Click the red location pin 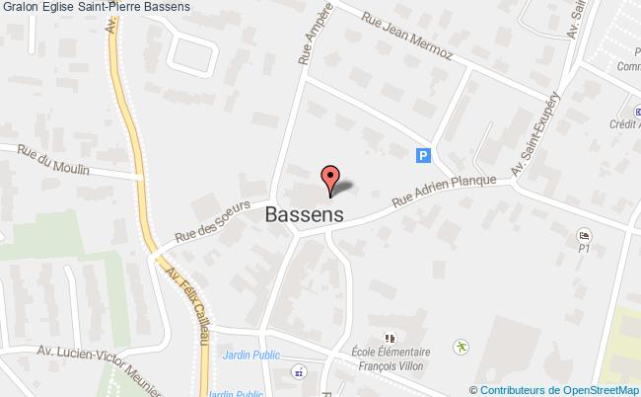coord(330,179)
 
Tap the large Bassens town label coord(304,213)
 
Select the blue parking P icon coord(423,154)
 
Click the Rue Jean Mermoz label coord(405,36)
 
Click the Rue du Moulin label coord(54,160)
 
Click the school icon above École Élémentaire coord(388,337)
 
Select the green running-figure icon coord(460,346)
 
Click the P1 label coord(583,250)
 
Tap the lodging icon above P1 coord(583,235)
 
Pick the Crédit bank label coord(620,124)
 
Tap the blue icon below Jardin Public coord(297,372)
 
